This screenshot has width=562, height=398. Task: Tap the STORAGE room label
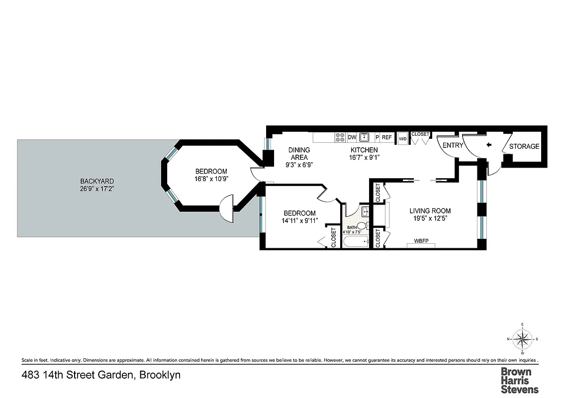click(x=524, y=146)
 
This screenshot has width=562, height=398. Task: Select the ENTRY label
click(x=452, y=146)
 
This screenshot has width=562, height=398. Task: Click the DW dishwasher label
click(x=352, y=137)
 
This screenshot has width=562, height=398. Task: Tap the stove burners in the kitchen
click(x=341, y=137)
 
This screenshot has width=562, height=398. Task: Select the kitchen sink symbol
click(x=365, y=137)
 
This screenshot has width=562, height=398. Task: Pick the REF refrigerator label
click(x=387, y=137)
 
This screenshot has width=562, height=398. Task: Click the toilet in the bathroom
click(x=363, y=226)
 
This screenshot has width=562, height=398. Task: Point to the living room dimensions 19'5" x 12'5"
click(x=430, y=218)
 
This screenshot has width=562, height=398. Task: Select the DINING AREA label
click(x=299, y=153)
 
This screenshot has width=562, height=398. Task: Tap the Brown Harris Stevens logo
click(x=519, y=381)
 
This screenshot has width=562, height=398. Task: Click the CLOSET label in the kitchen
click(x=420, y=134)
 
